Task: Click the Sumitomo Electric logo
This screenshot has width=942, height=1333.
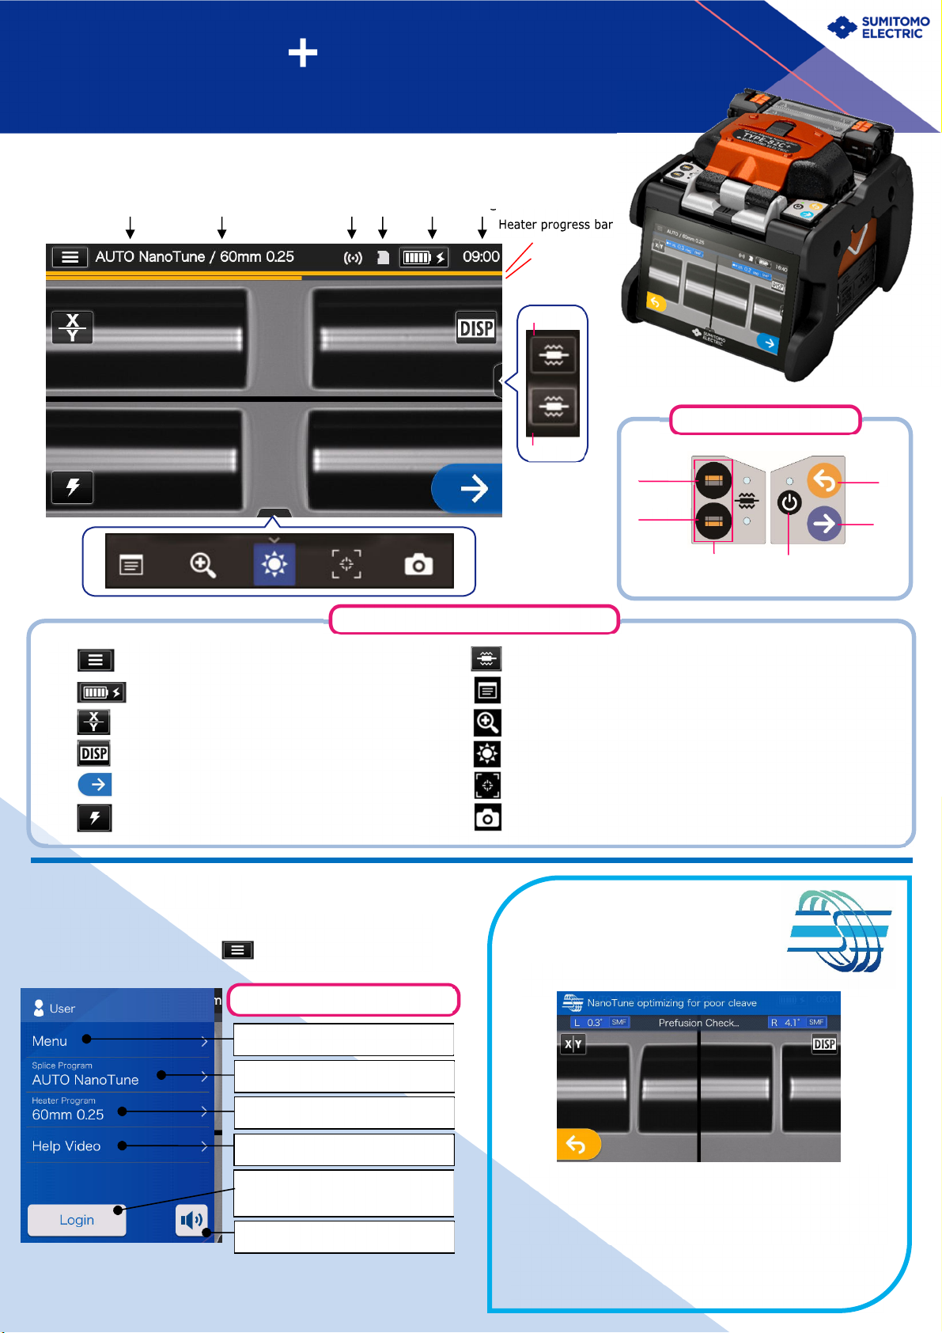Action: click(x=878, y=28)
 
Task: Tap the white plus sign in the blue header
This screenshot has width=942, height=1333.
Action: click(x=303, y=54)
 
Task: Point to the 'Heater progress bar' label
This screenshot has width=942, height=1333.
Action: click(x=555, y=225)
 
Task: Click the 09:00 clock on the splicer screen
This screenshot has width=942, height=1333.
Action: click(x=481, y=257)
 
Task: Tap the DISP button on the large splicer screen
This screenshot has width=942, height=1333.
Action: click(x=476, y=328)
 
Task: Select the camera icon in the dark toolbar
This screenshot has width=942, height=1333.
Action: click(x=418, y=565)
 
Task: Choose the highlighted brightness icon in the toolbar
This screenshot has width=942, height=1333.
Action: click(x=274, y=564)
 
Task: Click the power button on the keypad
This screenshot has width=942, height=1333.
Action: click(x=789, y=502)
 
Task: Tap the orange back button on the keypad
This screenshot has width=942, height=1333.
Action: click(x=824, y=480)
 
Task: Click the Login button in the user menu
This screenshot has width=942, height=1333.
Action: click(x=77, y=1220)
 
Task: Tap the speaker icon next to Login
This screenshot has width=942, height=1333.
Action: click(x=191, y=1220)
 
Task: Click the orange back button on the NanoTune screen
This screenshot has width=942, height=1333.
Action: click(x=578, y=1145)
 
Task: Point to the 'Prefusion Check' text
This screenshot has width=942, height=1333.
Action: click(x=698, y=1023)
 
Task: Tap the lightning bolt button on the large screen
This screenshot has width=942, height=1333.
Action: click(x=73, y=487)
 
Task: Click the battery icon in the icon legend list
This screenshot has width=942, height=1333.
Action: click(x=101, y=692)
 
